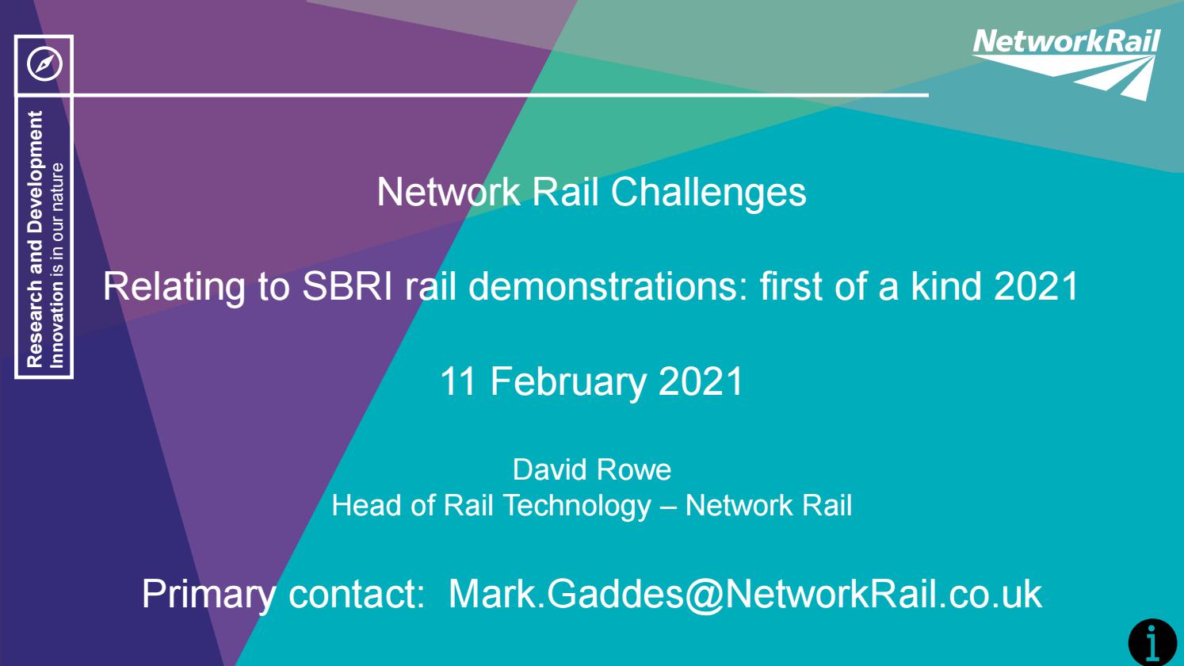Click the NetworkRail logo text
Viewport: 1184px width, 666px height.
(x=1065, y=41)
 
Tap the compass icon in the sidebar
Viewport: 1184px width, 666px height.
(x=44, y=65)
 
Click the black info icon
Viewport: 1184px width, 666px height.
(x=1152, y=641)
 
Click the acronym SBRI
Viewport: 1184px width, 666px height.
(x=348, y=286)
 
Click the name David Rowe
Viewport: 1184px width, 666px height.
(x=591, y=470)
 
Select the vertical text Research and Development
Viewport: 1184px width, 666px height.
(x=34, y=239)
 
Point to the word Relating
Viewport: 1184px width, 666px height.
(x=173, y=286)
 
